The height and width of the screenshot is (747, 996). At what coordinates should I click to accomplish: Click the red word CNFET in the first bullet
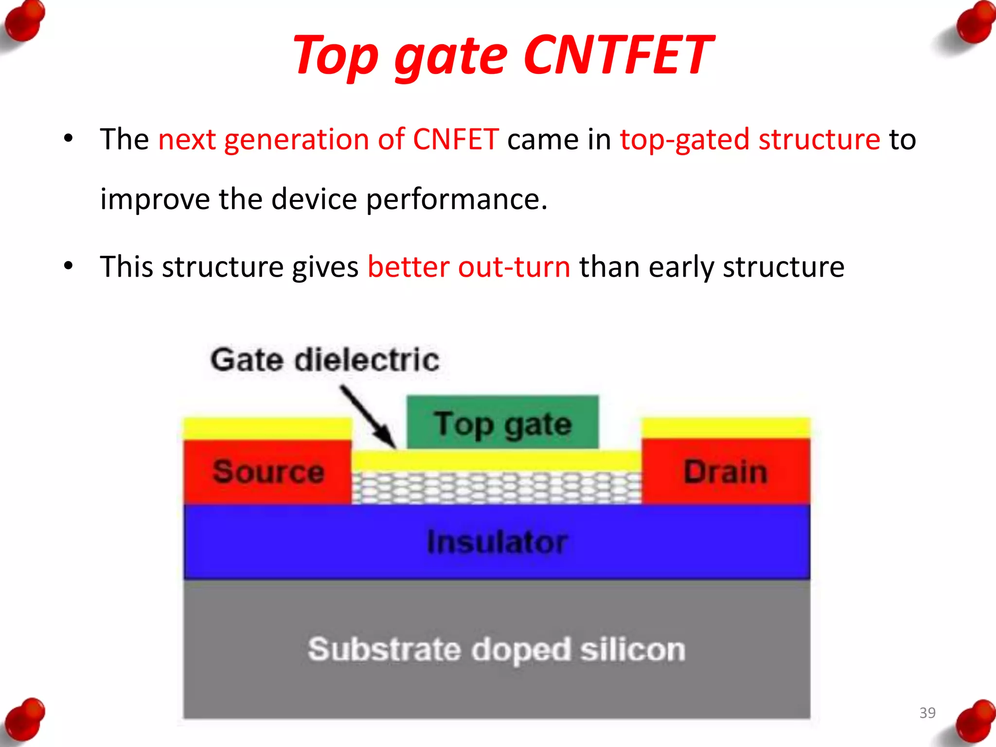coord(456,140)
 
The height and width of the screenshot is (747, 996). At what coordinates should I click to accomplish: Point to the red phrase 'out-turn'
coord(514,267)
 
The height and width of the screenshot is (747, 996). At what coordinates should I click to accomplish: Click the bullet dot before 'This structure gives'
coord(69,266)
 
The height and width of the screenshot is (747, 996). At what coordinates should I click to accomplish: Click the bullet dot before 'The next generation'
coord(69,139)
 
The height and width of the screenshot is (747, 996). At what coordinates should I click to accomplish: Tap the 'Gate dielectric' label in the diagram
coord(325,360)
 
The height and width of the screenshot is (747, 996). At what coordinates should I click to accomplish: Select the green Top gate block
coord(502,422)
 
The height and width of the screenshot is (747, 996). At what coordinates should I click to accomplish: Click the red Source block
coord(267,472)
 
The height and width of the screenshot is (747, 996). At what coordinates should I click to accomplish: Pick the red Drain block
coord(726,472)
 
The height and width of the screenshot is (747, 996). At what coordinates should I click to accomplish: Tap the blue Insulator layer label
coord(497,542)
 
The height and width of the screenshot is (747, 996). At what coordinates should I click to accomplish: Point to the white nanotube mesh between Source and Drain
coord(496,488)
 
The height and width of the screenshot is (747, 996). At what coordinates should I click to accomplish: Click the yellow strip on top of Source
coord(267,429)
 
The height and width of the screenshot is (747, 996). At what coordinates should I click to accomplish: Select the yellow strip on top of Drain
coord(726,428)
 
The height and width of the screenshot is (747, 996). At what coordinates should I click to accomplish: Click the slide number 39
coord(927,713)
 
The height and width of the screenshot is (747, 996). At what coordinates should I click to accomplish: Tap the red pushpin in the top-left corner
coord(24,22)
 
